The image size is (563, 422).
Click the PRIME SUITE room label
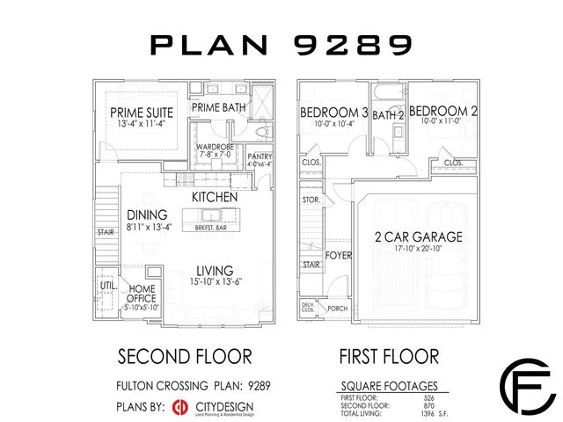tap(141, 113)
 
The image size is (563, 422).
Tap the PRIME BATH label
tap(219, 107)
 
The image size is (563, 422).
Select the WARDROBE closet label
tap(214, 147)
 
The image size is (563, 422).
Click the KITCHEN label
tap(215, 197)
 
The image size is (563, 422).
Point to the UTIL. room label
tap(109, 287)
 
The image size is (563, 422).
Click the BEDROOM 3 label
tap(333, 113)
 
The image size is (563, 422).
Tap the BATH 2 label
tap(388, 114)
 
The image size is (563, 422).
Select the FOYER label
tap(339, 256)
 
